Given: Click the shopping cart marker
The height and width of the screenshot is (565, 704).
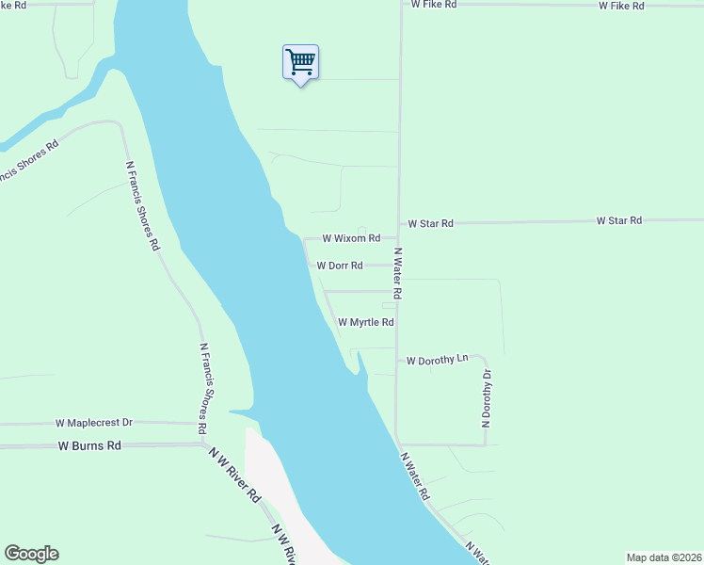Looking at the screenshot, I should (x=300, y=63).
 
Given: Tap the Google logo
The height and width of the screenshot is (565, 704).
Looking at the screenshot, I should (x=31, y=554).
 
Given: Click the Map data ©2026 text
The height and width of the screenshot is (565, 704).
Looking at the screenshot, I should (x=664, y=557).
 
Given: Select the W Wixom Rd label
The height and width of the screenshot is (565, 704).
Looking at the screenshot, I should (x=351, y=239).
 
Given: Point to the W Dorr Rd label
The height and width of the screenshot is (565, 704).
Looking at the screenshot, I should (x=340, y=266).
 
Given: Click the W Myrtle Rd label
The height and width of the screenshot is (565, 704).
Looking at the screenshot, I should (x=365, y=322).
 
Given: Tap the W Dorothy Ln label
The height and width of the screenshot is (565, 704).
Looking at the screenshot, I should (x=437, y=360).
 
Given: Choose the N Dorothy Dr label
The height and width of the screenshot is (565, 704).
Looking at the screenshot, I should (x=487, y=398).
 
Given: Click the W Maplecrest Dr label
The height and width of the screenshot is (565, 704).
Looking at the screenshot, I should (x=107, y=424).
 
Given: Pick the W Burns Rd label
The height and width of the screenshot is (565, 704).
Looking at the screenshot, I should (x=89, y=445).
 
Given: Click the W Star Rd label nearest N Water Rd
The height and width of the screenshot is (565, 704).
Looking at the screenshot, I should (x=430, y=224).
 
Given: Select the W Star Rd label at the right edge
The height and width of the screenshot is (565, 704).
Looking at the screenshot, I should (x=618, y=220).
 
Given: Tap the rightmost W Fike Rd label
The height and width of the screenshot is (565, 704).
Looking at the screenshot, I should (x=621, y=6).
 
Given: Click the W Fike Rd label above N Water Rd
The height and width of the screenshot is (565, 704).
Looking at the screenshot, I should (x=434, y=5).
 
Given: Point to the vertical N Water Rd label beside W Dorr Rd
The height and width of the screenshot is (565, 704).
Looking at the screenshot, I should (x=398, y=273).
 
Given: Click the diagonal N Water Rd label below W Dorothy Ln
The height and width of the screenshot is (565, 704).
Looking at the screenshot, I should (x=415, y=476).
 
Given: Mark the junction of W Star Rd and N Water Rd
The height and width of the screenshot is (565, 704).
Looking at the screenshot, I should (x=399, y=224).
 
